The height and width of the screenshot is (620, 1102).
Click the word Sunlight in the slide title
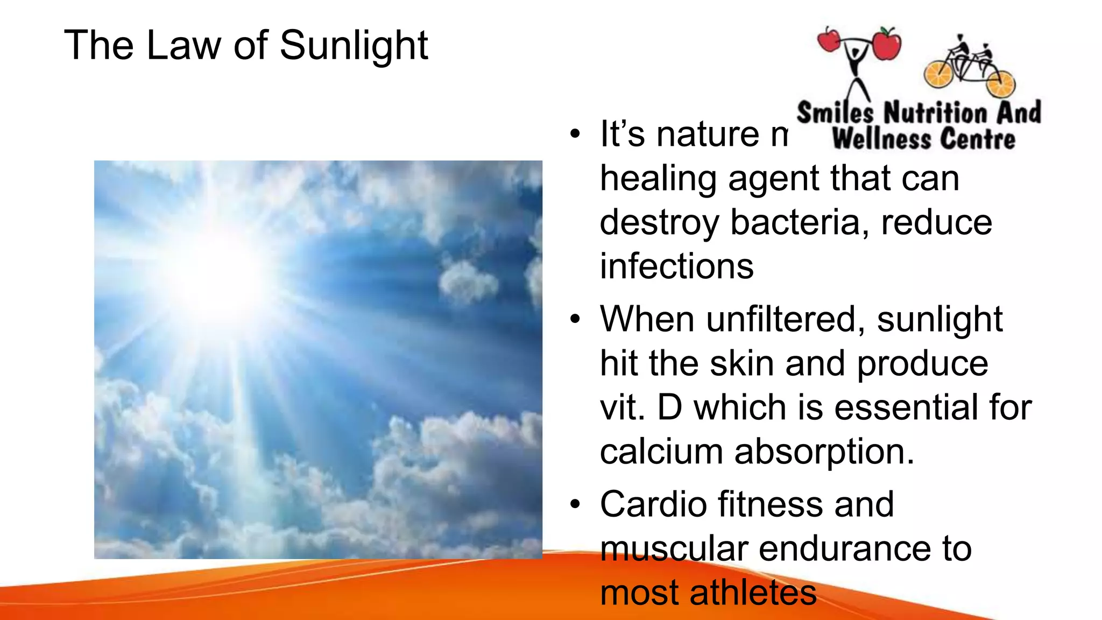click(x=354, y=46)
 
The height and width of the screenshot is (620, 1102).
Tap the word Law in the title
click(x=183, y=46)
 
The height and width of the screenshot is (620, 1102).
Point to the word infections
click(x=676, y=266)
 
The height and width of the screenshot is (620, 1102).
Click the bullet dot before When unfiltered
click(x=575, y=319)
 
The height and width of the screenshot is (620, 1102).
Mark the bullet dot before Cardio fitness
click(x=575, y=504)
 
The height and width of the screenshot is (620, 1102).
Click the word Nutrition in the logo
click(x=936, y=112)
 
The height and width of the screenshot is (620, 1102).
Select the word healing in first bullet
click(x=658, y=178)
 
